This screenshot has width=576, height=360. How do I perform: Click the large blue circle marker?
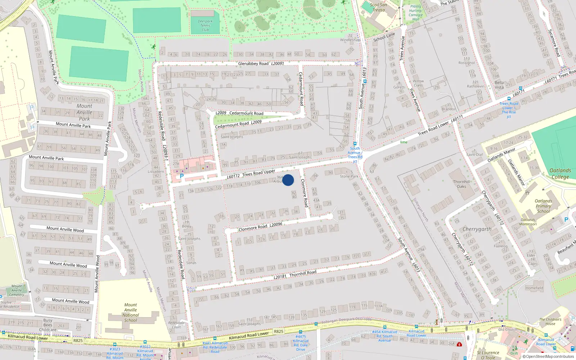288,180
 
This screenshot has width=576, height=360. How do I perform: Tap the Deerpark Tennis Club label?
205,26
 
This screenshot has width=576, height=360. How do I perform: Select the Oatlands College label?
560,174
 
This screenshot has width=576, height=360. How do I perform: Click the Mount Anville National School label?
131,312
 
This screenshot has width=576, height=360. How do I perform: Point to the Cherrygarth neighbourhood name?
477,229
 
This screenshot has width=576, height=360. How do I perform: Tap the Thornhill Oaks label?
462,184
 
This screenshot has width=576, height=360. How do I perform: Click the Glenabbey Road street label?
253,64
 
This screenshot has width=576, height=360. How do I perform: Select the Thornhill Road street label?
303,273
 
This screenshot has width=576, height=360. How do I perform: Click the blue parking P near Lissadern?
182,176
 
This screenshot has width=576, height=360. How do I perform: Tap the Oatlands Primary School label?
543,206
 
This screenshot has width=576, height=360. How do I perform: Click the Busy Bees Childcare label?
48,325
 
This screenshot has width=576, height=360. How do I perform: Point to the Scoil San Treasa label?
378,7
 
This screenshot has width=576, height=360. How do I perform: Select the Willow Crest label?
418,83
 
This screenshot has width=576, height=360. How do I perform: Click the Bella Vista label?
499,85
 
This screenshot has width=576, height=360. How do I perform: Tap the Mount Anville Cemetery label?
17,290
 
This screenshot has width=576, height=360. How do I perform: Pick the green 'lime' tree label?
404,142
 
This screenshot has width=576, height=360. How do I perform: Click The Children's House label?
550,321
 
